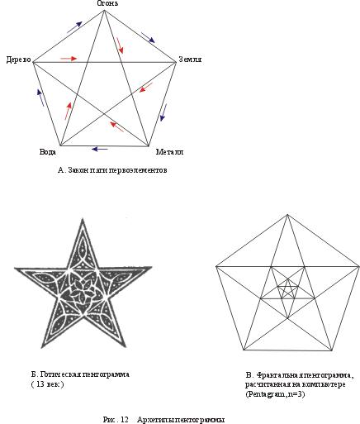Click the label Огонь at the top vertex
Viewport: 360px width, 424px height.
(107, 3)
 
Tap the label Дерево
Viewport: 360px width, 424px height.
(19, 60)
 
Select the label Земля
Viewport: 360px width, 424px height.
(190, 60)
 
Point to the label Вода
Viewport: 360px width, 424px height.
(48, 151)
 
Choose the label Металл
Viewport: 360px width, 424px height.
(169, 152)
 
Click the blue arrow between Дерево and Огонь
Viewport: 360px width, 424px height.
(74, 27)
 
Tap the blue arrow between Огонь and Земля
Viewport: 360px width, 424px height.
(148, 37)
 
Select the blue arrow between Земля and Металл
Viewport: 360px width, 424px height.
(163, 112)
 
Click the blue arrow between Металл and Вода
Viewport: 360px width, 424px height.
(100, 149)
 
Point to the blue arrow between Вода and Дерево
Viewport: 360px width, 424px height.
(40, 98)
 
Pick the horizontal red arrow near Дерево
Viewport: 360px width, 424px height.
(69, 59)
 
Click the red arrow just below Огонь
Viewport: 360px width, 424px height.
(120, 45)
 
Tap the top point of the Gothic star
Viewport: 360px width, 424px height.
(83, 219)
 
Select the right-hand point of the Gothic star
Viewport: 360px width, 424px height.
(151, 267)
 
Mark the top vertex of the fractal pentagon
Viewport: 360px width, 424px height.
(287, 214)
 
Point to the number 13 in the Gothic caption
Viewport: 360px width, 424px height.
(40, 384)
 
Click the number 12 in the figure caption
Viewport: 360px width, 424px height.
(124, 420)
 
